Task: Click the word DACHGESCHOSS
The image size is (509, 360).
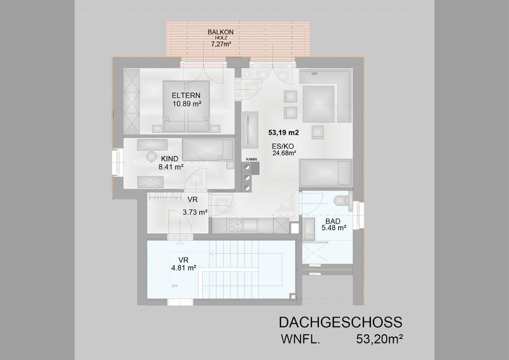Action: pyautogui.click(x=340, y=322)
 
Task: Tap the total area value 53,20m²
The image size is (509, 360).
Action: pyautogui.click(x=379, y=339)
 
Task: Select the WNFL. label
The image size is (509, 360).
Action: pyautogui.click(x=301, y=339)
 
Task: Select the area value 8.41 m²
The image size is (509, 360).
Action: pyautogui.click(x=171, y=167)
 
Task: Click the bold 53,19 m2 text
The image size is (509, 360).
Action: pyautogui.click(x=284, y=132)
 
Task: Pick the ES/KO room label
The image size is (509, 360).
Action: pyautogui.click(x=283, y=146)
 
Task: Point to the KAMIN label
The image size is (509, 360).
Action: pyautogui.click(x=251, y=159)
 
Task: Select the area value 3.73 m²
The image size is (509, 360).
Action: pyautogui.click(x=195, y=212)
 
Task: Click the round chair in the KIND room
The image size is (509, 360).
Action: pyautogui.click(x=153, y=156)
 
